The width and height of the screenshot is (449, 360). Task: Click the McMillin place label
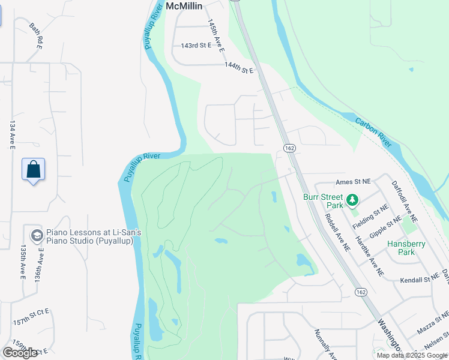click(x=184, y=5)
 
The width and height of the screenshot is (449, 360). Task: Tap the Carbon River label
click(x=373, y=131)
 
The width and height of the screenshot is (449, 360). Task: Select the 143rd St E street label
click(x=196, y=46)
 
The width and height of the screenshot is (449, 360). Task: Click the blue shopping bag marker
click(x=33, y=169)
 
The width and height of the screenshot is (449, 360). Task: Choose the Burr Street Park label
click(x=323, y=200)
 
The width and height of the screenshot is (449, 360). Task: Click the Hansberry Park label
click(x=409, y=248)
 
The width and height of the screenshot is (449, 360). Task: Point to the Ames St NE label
click(x=354, y=181)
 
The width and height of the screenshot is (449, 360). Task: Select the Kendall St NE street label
click(x=420, y=279)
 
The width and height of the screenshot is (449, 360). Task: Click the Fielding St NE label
click(x=370, y=216)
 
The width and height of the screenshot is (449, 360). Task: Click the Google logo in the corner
click(x=20, y=353)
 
